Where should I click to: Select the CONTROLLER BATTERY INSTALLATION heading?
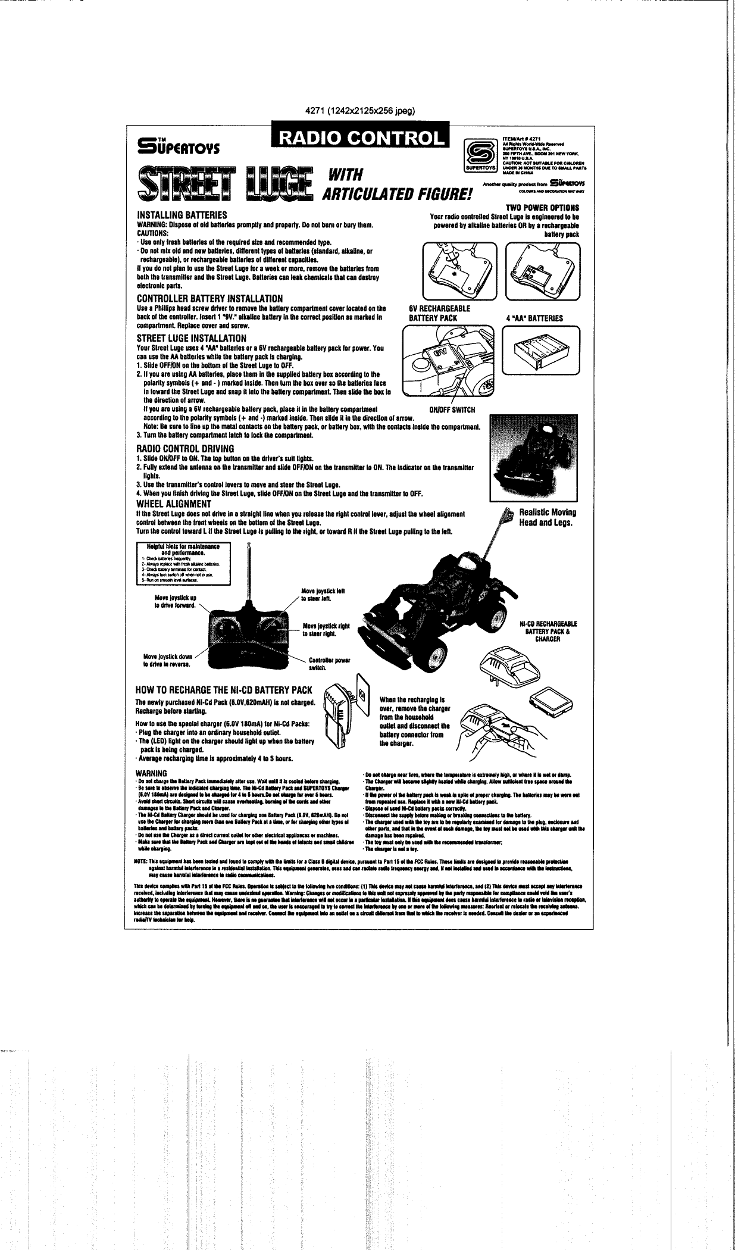pyautogui.click(x=209, y=298)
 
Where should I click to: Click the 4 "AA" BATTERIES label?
pyautogui.click(x=534, y=317)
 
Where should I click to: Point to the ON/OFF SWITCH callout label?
pyautogui.click(x=452, y=409)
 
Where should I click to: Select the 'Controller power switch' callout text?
pyautogui.click(x=329, y=664)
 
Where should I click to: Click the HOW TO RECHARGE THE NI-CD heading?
pyautogui.click(x=224, y=690)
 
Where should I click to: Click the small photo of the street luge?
pyautogui.click(x=531, y=459)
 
